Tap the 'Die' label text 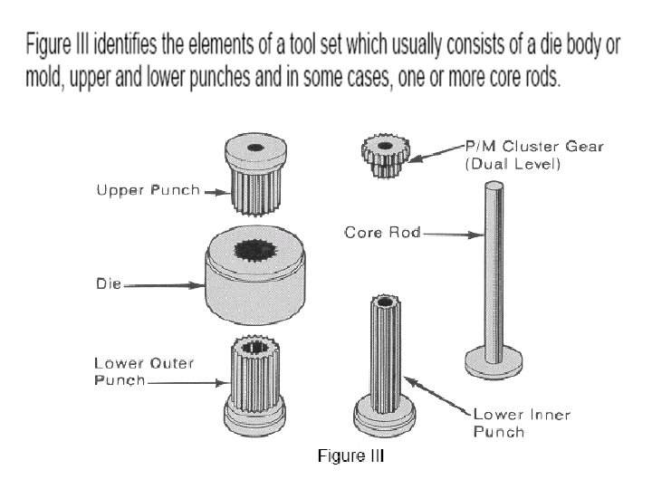pyautogui.click(x=109, y=284)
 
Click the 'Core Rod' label pyautogui.click(x=382, y=233)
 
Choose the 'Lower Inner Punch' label pyautogui.click(x=519, y=423)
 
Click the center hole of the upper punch pyautogui.click(x=255, y=147)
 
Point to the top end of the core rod pyautogui.click(x=494, y=187)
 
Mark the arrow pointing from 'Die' pyautogui.click(x=172, y=285)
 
